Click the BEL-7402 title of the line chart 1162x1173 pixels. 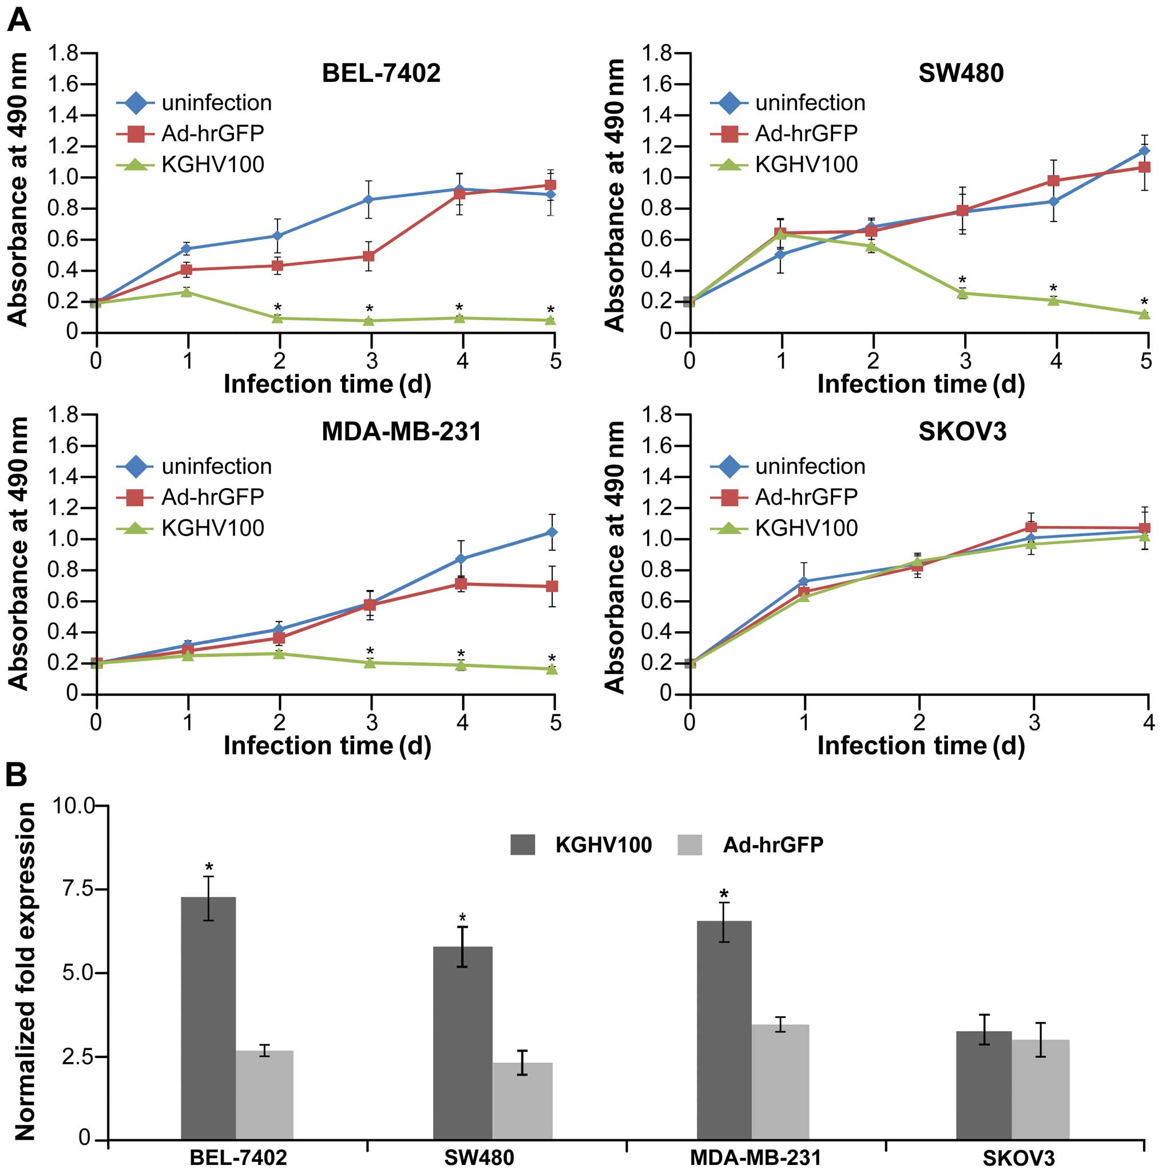(380, 73)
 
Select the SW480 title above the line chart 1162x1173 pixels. (961, 73)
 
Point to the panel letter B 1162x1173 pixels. (17, 775)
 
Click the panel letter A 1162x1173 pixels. (18, 21)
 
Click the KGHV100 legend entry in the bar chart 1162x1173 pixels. (581, 845)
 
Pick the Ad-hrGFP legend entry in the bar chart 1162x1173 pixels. (751, 845)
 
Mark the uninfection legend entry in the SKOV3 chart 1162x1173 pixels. (787, 466)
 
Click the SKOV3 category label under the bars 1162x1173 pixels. (1017, 1158)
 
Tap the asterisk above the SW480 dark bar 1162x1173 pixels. (462, 918)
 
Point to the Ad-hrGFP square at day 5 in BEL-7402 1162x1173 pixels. (550, 185)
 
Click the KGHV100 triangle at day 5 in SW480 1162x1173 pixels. (1144, 315)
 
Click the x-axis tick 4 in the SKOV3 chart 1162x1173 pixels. (1148, 723)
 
